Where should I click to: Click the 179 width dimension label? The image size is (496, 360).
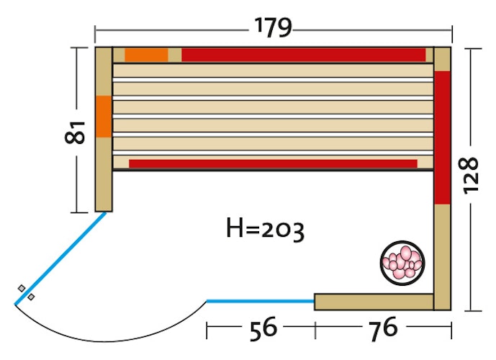(x=273, y=27)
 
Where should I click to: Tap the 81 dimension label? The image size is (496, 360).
(x=76, y=132)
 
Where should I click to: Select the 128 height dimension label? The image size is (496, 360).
(x=470, y=175)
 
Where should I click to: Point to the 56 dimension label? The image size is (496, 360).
(x=263, y=328)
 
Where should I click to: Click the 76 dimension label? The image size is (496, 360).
(x=383, y=328)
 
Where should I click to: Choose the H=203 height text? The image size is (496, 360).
(x=265, y=229)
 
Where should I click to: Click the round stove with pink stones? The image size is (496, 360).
(x=402, y=263)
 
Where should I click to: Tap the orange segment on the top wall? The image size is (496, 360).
(x=146, y=55)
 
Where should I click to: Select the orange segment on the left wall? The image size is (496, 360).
(x=104, y=117)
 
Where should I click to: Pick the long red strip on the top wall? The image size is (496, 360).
(x=303, y=55)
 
